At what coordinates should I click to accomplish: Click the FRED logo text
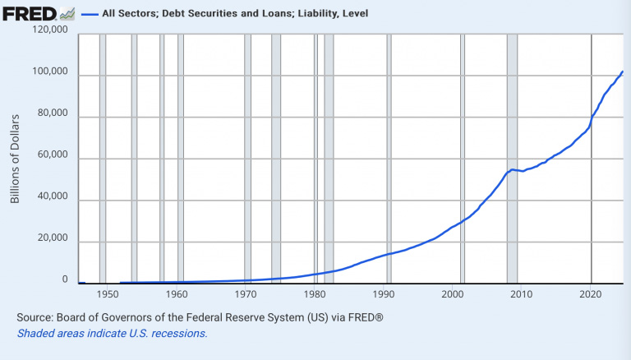[x=30, y=13]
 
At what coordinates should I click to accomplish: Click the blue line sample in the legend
[x=90, y=14]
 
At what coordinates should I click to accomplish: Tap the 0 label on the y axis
[x=65, y=280]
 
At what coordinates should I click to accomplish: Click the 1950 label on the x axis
[x=108, y=293]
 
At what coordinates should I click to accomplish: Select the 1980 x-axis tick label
[x=315, y=293]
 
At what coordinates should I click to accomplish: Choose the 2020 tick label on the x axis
[x=592, y=293]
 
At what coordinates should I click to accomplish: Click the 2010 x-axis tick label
[x=523, y=293]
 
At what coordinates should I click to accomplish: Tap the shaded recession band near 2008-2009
[x=512, y=164]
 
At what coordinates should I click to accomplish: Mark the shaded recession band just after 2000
[x=463, y=164]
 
